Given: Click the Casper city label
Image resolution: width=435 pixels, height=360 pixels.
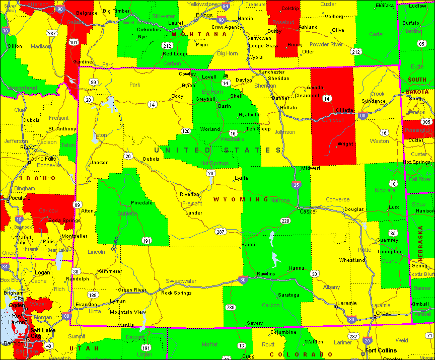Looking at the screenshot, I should (x=308, y=211).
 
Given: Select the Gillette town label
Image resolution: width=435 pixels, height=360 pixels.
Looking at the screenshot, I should (x=345, y=110).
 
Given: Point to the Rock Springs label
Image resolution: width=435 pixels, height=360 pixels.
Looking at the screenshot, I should (x=176, y=293).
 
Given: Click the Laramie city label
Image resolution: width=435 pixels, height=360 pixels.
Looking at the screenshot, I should (x=347, y=303).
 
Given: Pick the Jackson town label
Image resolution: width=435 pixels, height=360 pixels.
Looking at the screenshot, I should (x=99, y=163).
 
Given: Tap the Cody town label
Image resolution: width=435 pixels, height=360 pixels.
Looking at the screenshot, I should (x=177, y=96).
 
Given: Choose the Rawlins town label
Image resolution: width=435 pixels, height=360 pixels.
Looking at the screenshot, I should (x=266, y=273).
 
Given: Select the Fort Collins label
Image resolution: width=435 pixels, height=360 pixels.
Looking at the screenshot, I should (x=381, y=350).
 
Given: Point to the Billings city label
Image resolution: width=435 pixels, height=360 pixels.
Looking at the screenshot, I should (x=205, y=16).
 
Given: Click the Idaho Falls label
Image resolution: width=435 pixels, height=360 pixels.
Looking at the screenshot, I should (x=43, y=159).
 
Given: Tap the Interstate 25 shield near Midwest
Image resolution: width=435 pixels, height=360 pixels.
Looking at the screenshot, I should (x=297, y=185).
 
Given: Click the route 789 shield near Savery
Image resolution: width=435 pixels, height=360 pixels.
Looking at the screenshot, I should (x=231, y=308).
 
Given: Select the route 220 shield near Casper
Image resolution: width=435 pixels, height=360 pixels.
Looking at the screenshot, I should (x=285, y=221).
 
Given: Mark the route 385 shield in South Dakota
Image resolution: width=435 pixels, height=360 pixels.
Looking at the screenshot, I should (x=426, y=122).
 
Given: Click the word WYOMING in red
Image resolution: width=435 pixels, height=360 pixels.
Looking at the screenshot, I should (x=241, y=199).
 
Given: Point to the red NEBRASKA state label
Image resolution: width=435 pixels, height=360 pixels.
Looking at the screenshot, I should (x=420, y=242).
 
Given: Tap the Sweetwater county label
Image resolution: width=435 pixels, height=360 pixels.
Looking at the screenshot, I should (x=181, y=281).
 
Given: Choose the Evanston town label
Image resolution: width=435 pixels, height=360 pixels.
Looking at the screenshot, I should (x=86, y=305).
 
